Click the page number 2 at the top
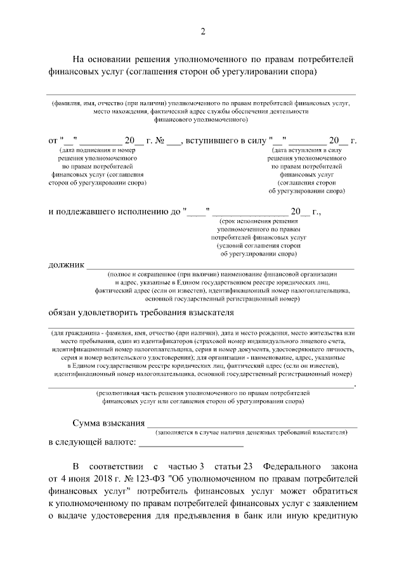tap(203, 32)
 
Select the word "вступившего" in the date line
tap(213, 140)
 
